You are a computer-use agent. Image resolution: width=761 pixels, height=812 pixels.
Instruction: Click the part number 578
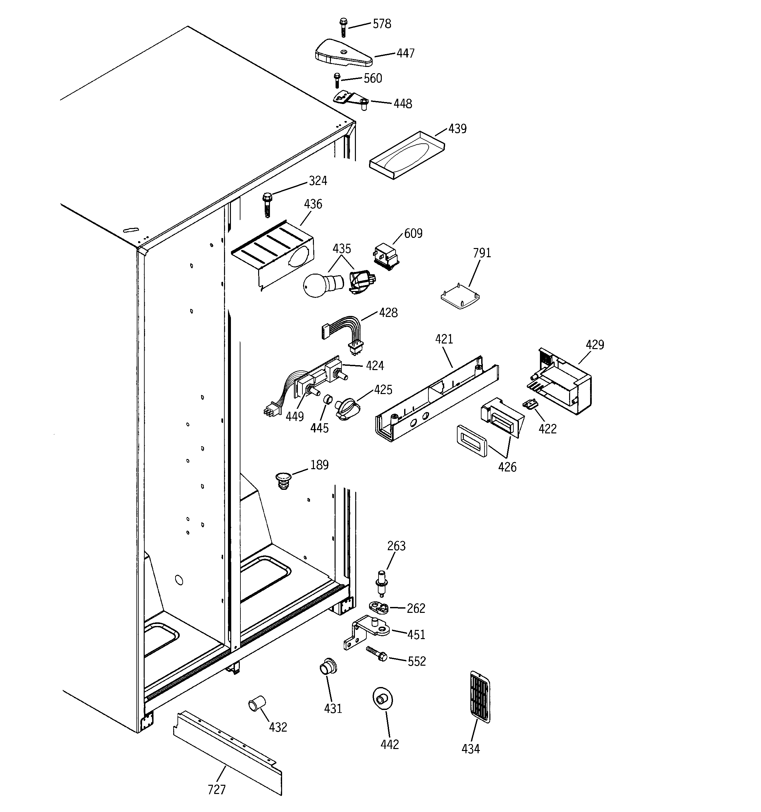point(382,24)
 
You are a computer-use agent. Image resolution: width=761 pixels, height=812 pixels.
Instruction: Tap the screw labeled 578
point(343,27)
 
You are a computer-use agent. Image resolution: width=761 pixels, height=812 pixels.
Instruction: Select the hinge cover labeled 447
point(343,53)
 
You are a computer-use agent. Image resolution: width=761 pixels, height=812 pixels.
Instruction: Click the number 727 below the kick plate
point(216,790)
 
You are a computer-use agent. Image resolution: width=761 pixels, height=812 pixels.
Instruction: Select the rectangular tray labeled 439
point(406,156)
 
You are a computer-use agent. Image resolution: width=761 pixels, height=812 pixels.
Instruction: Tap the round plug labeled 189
point(283,480)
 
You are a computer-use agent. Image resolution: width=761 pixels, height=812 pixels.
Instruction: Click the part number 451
point(416,635)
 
